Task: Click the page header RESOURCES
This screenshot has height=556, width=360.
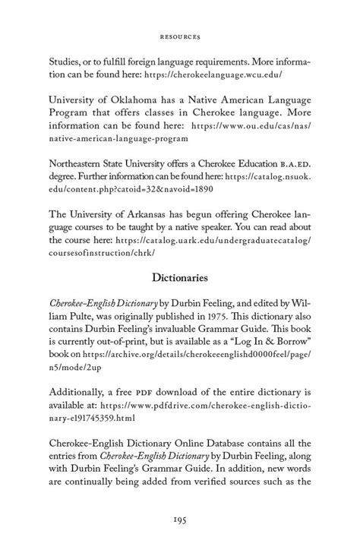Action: pyautogui.click(x=179, y=34)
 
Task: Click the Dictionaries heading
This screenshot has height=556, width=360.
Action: pyautogui.click(x=179, y=278)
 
